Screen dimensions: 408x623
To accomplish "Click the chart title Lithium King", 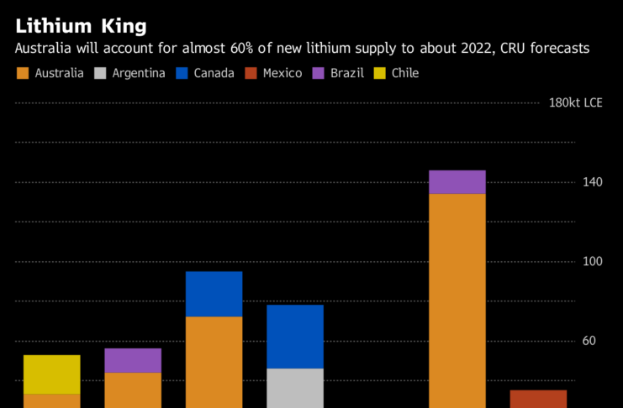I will click(x=81, y=26).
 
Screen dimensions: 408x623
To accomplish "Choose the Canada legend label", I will click(x=214, y=73).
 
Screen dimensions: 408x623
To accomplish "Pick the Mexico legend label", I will click(x=282, y=73).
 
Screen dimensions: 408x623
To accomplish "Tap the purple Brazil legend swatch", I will click(x=318, y=73).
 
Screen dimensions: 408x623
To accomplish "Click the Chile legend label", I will click(x=404, y=73).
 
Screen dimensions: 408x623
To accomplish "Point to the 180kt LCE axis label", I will click(x=575, y=103).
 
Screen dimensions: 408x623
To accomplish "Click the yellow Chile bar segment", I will click(x=51, y=374).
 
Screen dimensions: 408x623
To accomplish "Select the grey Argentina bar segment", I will click(x=295, y=388).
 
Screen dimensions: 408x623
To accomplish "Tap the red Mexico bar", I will click(x=538, y=399).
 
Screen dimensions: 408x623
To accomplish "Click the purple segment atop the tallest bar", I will click(x=457, y=182).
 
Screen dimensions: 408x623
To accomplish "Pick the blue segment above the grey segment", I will click(x=295, y=337).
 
